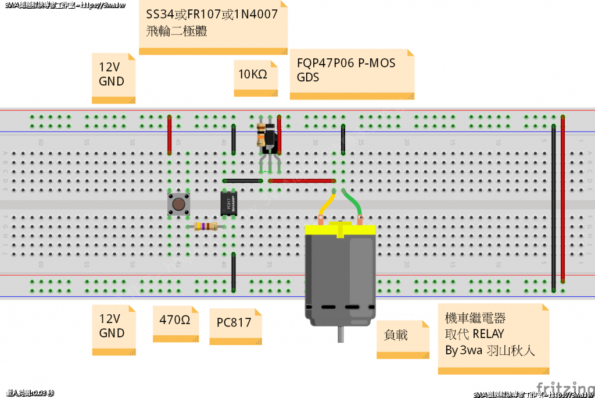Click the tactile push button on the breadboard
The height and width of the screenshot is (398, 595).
pyautogui.click(x=178, y=204)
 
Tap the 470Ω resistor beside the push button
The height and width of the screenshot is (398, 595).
pyautogui.click(x=206, y=226)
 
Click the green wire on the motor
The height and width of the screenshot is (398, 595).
pyautogui.click(x=353, y=204)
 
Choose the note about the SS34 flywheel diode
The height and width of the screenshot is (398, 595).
pyautogui.click(x=213, y=27)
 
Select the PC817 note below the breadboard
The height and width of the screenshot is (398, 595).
pyautogui.click(x=235, y=326)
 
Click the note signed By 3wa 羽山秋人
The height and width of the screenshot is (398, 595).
pyautogui.click(x=493, y=337)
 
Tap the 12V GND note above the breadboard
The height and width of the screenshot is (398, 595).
pyautogui.click(x=113, y=77)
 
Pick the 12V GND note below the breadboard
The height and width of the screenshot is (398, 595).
pyautogui.click(x=113, y=329)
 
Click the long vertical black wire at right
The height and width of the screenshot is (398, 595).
pyautogui.click(x=553, y=209)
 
